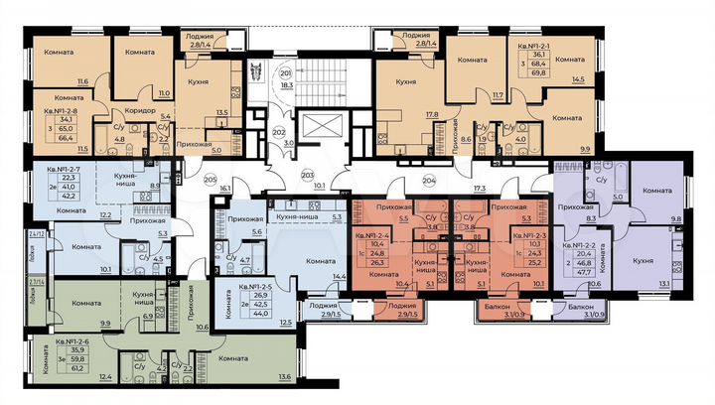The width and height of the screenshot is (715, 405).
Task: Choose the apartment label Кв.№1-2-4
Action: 372,230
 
